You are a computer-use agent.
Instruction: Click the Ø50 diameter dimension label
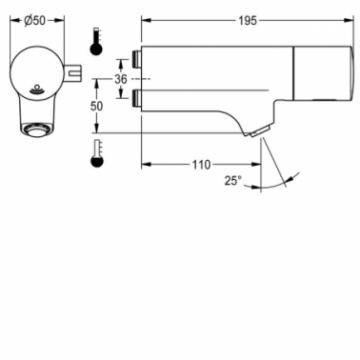coord(34,21)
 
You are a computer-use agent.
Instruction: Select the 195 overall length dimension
coord(248,21)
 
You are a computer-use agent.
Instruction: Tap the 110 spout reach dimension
coord(201,165)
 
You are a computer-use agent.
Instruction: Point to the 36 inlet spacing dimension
coord(121,79)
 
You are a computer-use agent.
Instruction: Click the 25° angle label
coord(233,181)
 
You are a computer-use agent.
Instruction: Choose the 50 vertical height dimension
coord(96,106)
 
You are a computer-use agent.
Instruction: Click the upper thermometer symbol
coord(96,42)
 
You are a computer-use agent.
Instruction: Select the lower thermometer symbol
coord(97,153)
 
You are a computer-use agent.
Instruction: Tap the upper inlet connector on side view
coord(136,59)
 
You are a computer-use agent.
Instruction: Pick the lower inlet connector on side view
coord(136,99)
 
